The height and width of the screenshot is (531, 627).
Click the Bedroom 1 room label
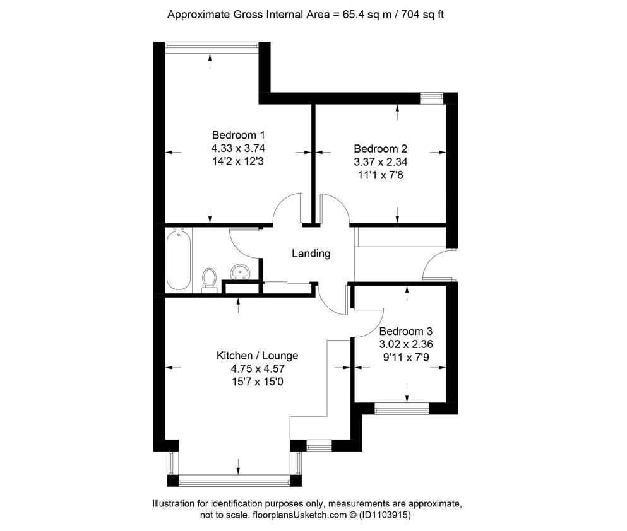point(238,135)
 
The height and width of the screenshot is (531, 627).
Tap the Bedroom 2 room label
point(380,149)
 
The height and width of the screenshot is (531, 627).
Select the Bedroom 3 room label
point(406,331)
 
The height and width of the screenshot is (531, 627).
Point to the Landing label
point(311,254)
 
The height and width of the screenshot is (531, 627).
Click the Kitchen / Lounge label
point(257,355)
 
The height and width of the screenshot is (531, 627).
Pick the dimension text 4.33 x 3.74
point(238,148)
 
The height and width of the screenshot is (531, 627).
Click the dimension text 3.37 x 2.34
point(381,162)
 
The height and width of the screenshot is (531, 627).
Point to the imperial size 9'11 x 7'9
point(406,358)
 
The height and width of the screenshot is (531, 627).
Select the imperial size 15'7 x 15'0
point(258,382)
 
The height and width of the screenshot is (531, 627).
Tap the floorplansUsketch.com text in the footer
point(300,515)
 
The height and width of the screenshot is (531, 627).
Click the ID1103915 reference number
point(385,515)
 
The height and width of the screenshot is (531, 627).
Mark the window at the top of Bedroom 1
point(212,45)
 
